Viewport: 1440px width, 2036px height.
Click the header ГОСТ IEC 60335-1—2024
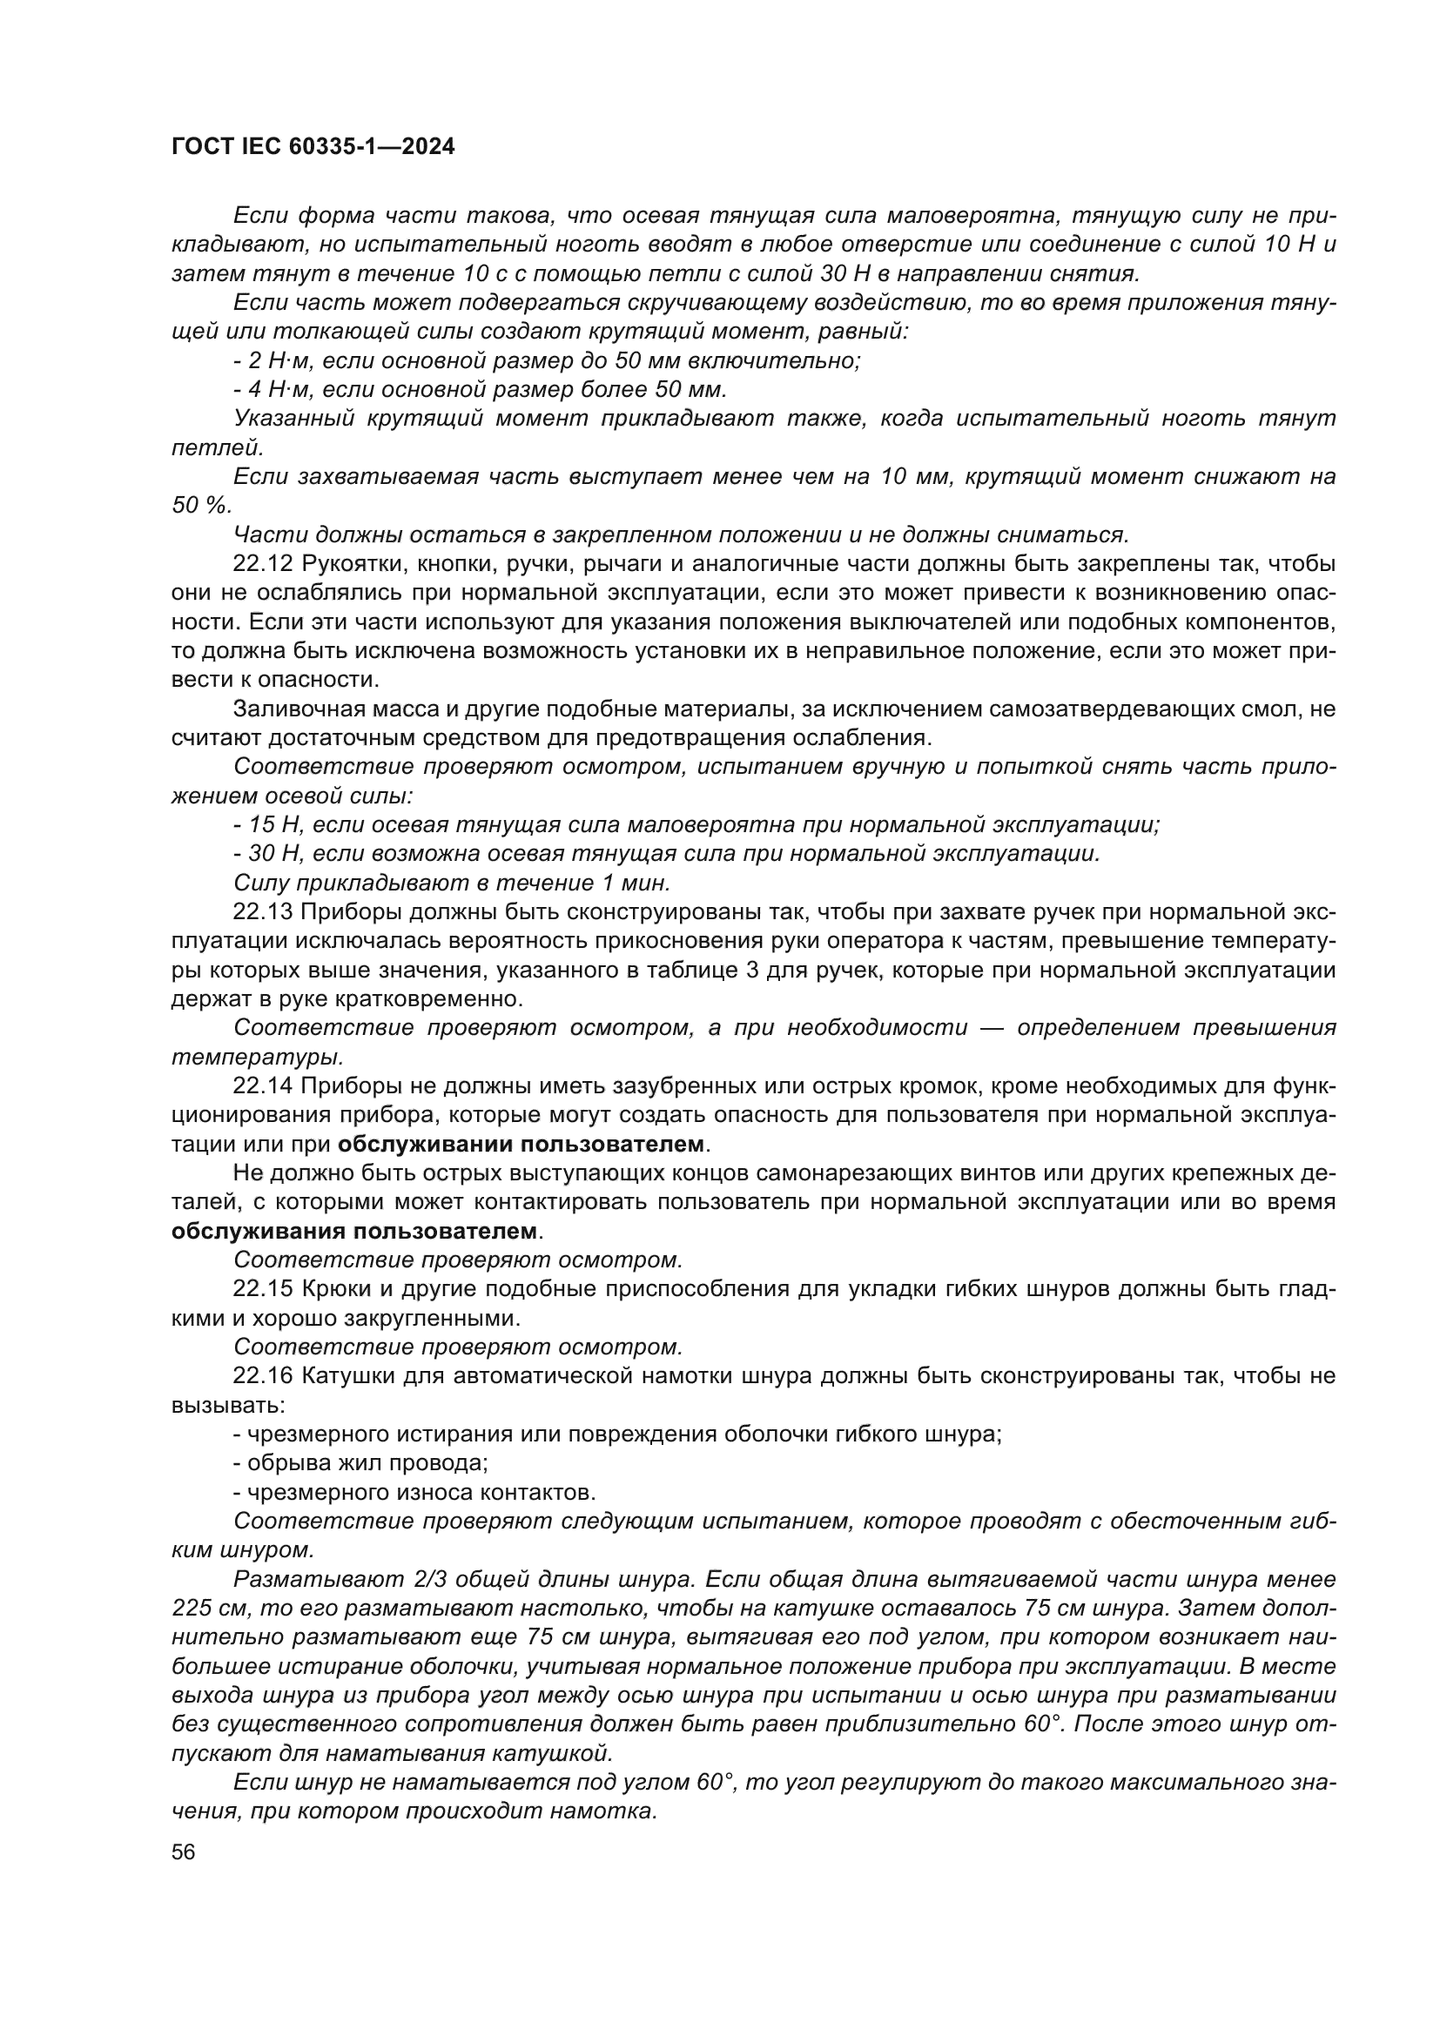point(313,147)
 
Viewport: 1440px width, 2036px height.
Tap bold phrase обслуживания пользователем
point(353,1232)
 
